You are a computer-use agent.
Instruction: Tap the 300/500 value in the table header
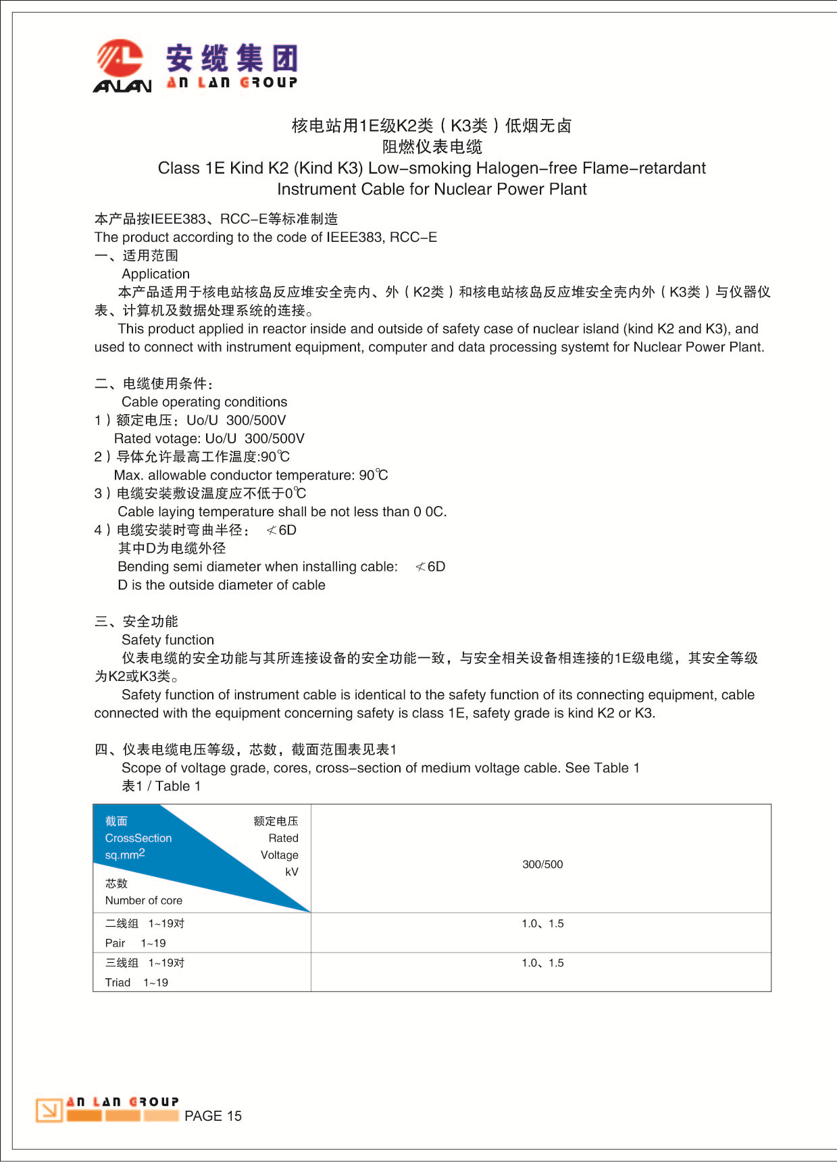coord(542,864)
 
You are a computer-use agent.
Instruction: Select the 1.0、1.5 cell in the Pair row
coord(542,924)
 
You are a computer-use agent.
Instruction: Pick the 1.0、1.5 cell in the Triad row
coord(542,963)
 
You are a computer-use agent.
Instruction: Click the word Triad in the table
coord(118,982)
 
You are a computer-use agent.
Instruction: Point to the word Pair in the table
coord(115,943)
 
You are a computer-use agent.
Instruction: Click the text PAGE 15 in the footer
coord(213,1116)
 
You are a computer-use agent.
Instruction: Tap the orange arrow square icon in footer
coord(49,1110)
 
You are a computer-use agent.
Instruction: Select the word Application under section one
coord(155,274)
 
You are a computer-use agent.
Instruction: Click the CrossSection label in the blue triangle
coord(138,838)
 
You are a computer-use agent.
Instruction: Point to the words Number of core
coord(143,901)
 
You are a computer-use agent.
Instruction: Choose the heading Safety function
coord(168,640)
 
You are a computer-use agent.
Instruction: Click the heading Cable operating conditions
coord(204,402)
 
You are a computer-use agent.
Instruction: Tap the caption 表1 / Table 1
coord(161,786)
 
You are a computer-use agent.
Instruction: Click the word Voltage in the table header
coord(279,855)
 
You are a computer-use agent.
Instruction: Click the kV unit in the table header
coord(291,871)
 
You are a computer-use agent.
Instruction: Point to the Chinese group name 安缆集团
coord(232,58)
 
